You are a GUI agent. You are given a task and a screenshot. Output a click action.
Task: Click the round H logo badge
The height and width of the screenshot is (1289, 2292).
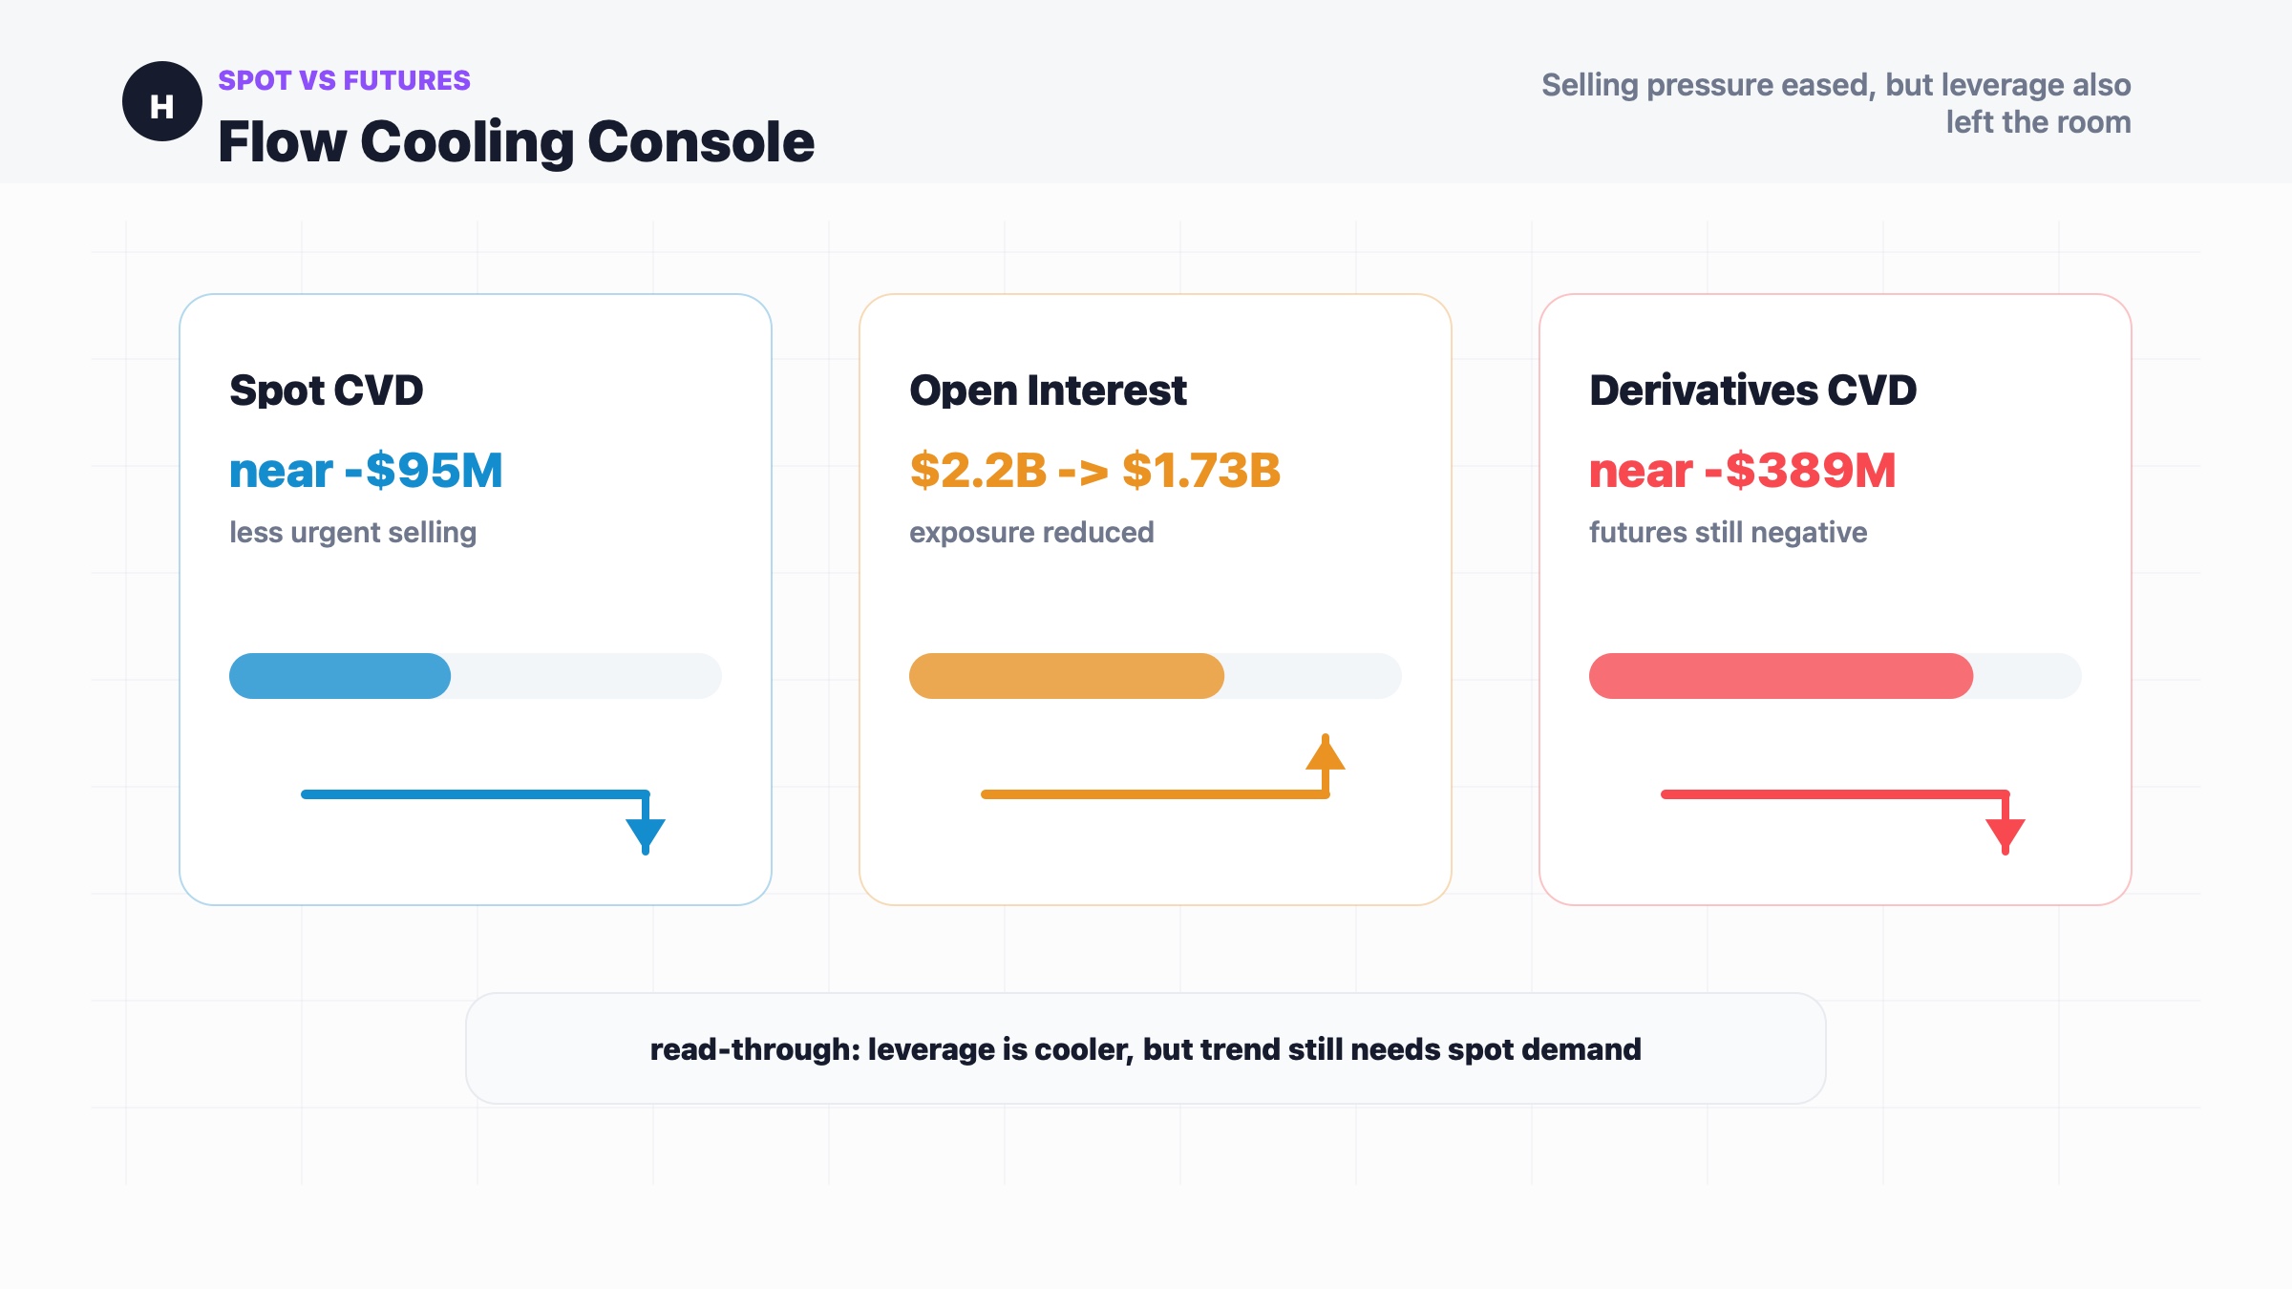click(162, 101)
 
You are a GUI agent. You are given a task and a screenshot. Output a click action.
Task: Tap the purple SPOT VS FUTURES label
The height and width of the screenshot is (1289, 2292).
click(344, 80)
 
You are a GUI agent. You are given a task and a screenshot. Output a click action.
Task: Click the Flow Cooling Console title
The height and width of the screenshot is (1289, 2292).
click(516, 142)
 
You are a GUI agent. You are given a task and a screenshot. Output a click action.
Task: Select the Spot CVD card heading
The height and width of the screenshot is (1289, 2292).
click(327, 391)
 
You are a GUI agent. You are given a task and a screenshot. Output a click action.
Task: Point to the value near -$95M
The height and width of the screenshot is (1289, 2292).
click(366, 471)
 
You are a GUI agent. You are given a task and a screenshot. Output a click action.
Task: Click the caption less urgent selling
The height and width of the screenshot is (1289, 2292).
click(352, 532)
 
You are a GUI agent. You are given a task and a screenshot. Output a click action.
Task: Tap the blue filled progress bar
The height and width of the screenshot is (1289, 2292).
click(340, 676)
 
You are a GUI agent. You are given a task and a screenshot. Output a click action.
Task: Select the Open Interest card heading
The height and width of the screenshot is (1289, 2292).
click(1048, 391)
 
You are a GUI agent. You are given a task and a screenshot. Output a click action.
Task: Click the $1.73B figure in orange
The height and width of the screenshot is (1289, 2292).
click(1201, 471)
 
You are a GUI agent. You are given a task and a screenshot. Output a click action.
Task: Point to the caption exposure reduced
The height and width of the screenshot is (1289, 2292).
click(1031, 532)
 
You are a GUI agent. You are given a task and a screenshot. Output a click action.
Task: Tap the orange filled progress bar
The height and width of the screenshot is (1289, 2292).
click(1067, 676)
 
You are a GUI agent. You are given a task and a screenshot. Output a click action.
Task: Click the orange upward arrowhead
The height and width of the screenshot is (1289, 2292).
click(1326, 752)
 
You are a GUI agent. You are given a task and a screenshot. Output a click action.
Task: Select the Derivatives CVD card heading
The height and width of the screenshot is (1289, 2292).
click(1752, 391)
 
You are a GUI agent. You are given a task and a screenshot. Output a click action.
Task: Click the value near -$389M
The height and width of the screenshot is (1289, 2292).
click(1743, 471)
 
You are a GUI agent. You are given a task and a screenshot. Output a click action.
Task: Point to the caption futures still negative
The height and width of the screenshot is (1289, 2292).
click(1728, 532)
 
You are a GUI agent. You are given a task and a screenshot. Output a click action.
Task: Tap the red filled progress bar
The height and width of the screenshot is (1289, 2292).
click(1781, 676)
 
